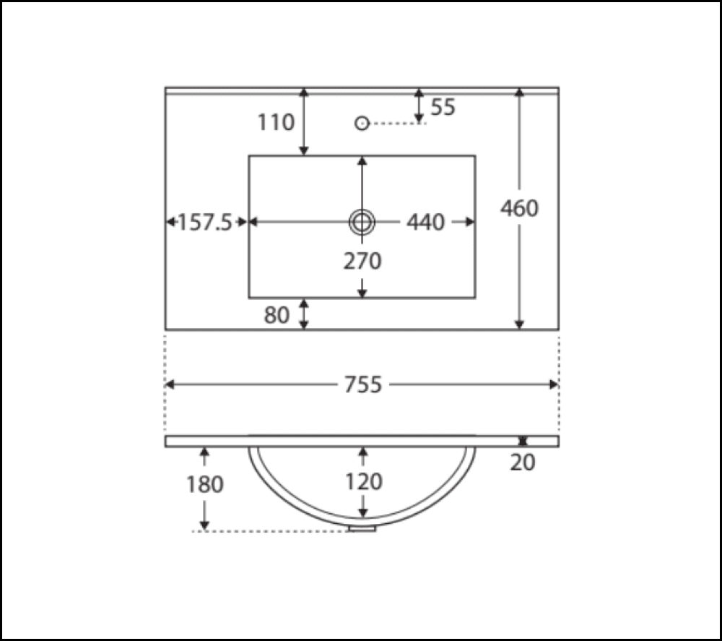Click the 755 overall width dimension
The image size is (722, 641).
click(x=362, y=385)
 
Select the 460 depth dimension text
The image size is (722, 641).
click(x=520, y=209)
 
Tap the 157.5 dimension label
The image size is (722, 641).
click(x=205, y=223)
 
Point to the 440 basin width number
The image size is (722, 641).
click(x=425, y=223)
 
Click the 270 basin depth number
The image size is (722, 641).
click(x=362, y=261)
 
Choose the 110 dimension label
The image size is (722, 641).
click(x=277, y=123)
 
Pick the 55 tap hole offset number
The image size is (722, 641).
click(x=443, y=107)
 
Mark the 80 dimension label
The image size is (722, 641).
click(x=277, y=315)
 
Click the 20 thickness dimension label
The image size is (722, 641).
click(x=523, y=463)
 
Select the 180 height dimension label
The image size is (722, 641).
click(x=205, y=484)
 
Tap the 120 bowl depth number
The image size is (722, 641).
click(x=362, y=481)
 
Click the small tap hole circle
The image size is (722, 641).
click(x=362, y=123)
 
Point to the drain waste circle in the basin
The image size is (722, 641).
click(x=362, y=223)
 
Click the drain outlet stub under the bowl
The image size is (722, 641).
click(x=362, y=529)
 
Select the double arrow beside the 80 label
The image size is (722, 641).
click(x=304, y=314)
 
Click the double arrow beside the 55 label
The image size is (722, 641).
click(x=419, y=106)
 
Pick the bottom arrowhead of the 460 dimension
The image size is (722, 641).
click(x=519, y=325)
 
